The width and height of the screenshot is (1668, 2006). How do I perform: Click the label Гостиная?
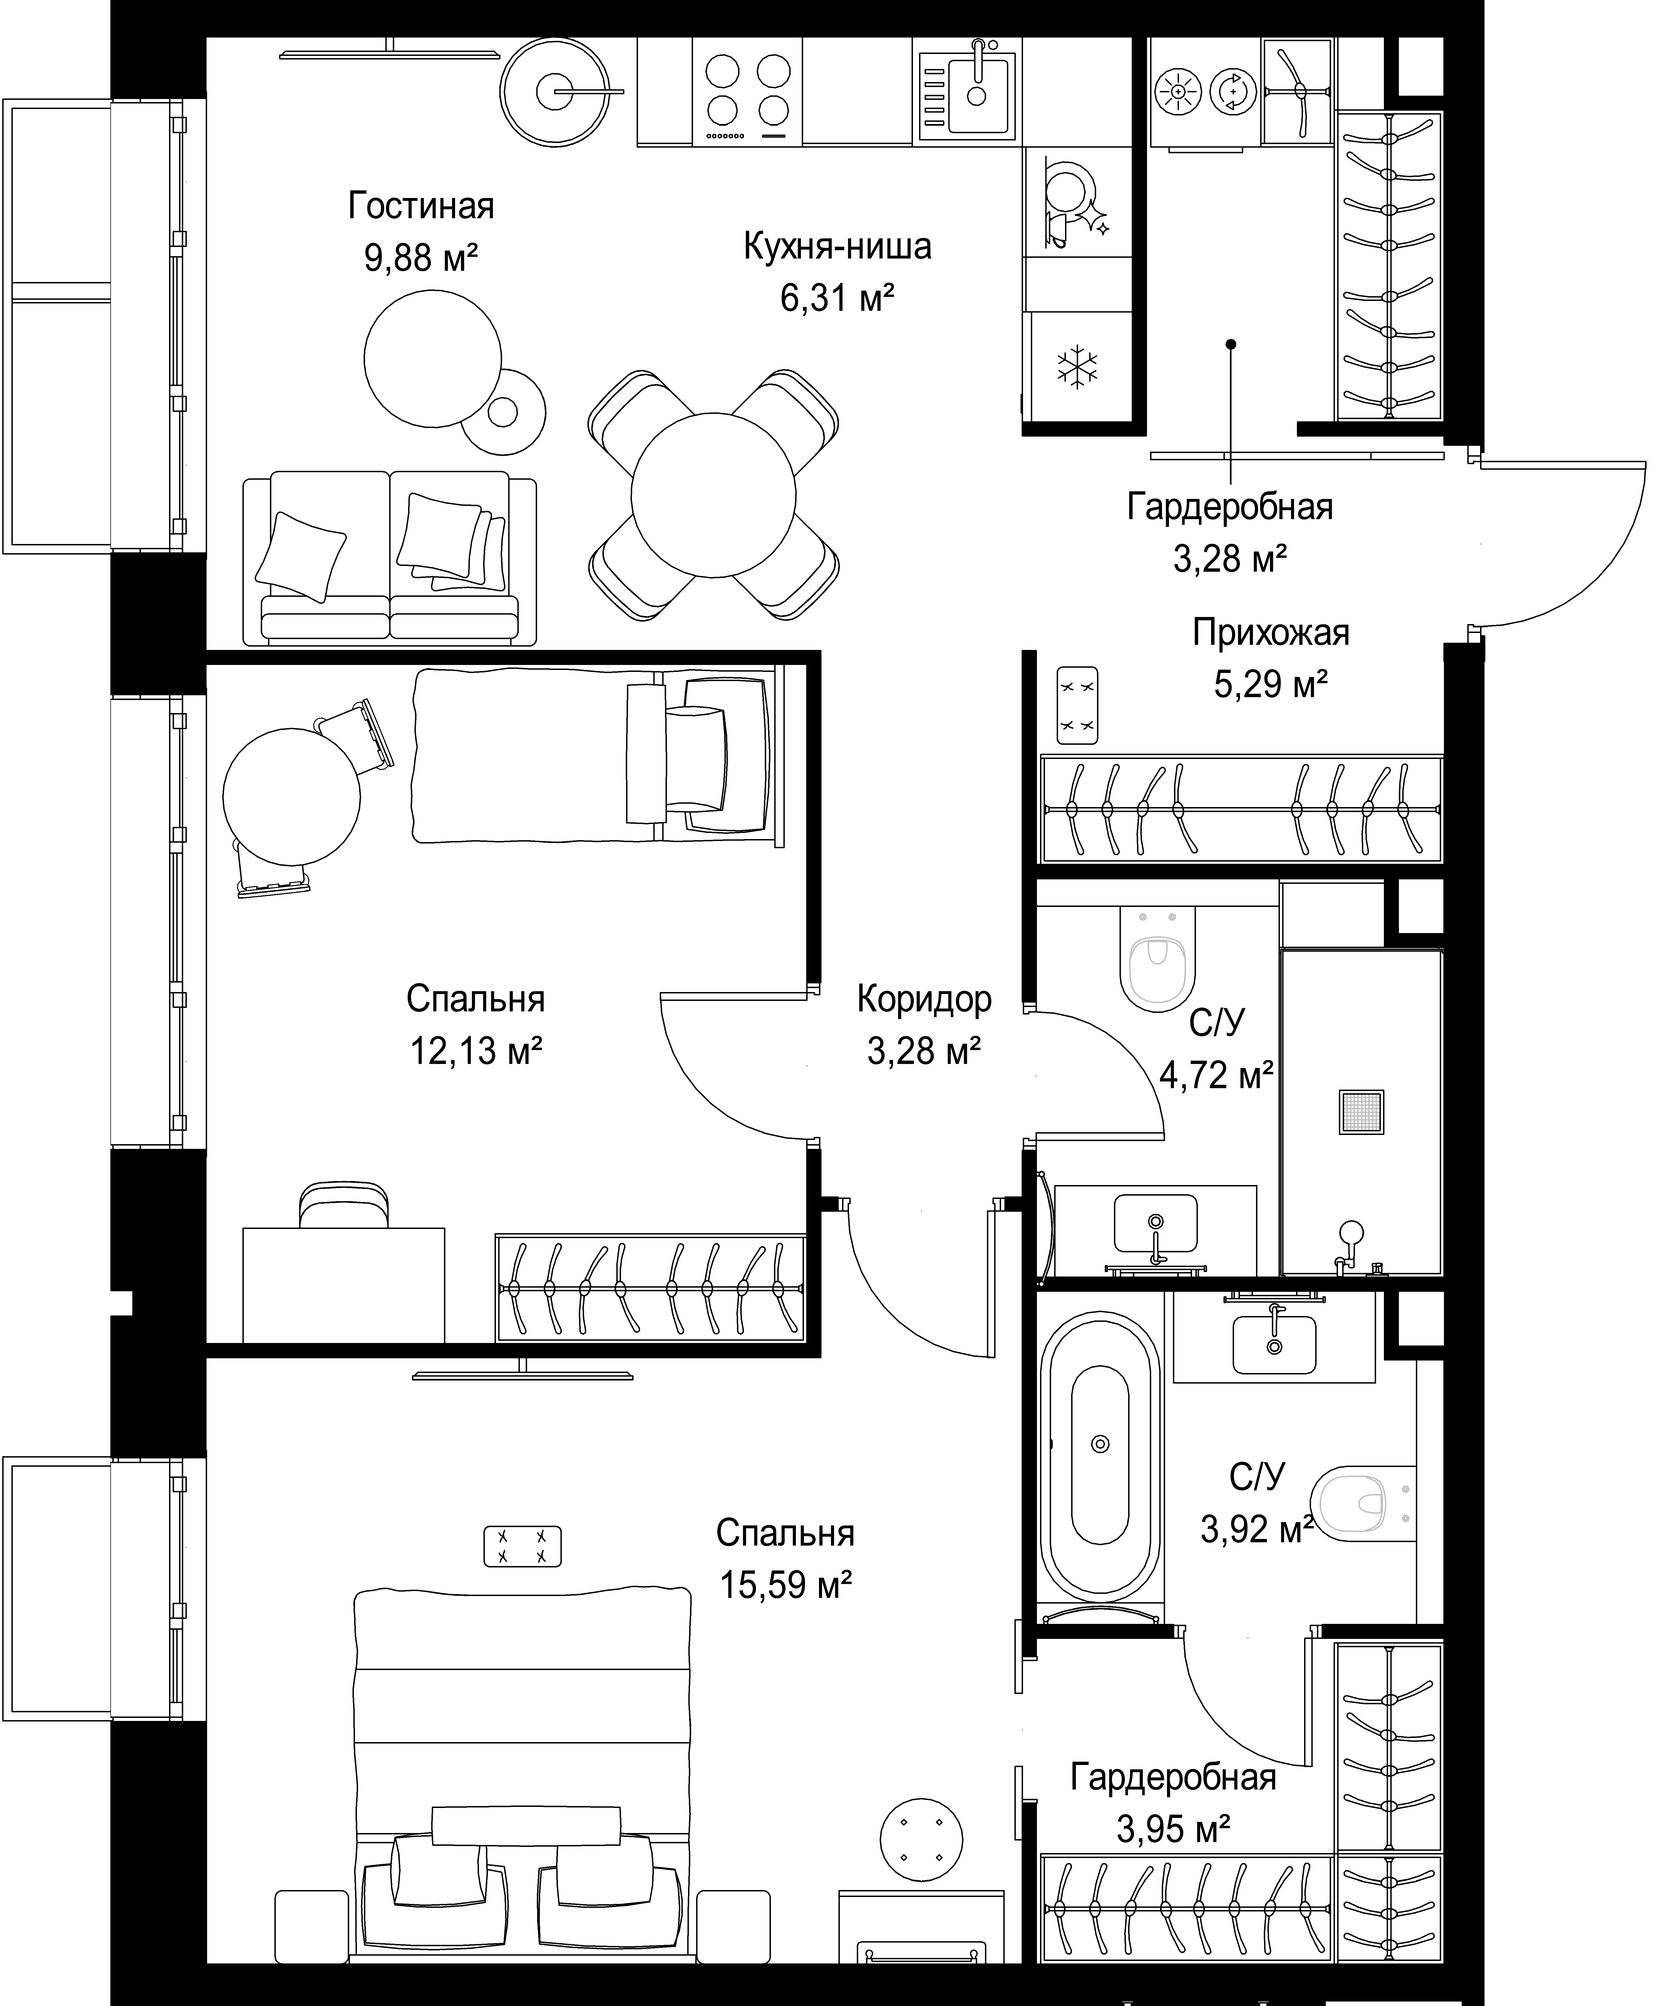pyautogui.click(x=421, y=206)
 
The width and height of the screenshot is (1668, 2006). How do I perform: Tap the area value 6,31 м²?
pyautogui.click(x=837, y=299)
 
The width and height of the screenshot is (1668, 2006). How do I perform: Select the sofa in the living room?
pyautogui.click(x=389, y=558)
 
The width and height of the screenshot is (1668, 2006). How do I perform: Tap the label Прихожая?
pyautogui.click(x=1270, y=633)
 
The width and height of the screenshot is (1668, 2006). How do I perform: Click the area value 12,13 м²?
pyautogui.click(x=476, y=1051)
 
